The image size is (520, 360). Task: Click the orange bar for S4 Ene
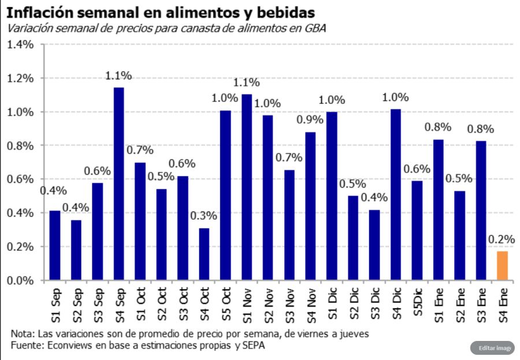(x=502, y=266)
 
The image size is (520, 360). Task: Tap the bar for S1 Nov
(x=247, y=187)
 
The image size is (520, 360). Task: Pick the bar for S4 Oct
(x=204, y=254)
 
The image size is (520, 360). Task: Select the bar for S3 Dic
(x=374, y=245)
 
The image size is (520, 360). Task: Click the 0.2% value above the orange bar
(x=502, y=239)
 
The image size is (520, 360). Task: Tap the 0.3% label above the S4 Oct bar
(x=204, y=216)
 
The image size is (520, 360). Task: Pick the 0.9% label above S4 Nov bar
(x=311, y=120)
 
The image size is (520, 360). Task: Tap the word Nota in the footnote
(x=22, y=334)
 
